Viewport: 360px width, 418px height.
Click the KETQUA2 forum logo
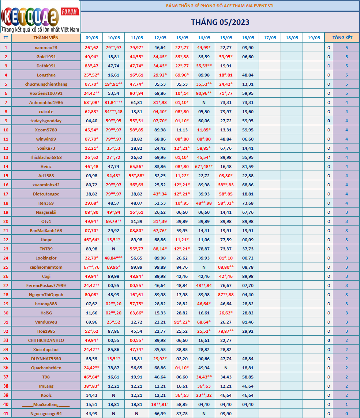click(x=40, y=16)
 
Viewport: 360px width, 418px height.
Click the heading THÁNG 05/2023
click(x=220, y=22)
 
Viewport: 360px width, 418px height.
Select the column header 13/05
click(x=182, y=38)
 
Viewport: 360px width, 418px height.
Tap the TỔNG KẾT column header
click(x=342, y=38)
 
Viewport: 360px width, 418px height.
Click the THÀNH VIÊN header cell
click(x=46, y=38)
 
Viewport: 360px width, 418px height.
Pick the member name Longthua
click(x=46, y=75)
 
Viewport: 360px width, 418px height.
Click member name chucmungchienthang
click(x=46, y=84)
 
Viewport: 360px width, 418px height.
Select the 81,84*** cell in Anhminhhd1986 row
click(x=113, y=102)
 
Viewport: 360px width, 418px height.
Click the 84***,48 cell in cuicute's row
click(x=113, y=112)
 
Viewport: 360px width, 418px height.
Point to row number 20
click(x=5, y=221)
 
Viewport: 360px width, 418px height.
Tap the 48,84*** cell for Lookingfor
click(x=113, y=258)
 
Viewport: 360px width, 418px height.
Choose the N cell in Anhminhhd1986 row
click(x=204, y=102)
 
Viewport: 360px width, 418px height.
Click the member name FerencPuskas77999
click(x=46, y=285)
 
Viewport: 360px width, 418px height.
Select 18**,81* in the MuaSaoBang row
click(x=160, y=404)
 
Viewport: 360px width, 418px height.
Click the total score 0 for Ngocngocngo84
click(x=346, y=414)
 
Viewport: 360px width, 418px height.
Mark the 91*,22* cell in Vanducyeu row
click(x=182, y=322)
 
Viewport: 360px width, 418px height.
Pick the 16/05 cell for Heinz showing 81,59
click(x=248, y=167)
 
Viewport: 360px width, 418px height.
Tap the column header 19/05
click(x=314, y=38)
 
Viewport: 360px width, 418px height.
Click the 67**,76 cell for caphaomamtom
click(x=91, y=267)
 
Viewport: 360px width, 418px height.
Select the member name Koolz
click(x=46, y=395)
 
